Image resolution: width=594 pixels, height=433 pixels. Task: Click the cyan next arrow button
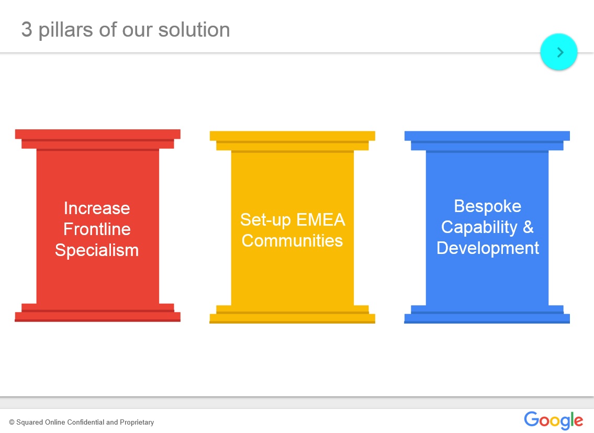click(558, 52)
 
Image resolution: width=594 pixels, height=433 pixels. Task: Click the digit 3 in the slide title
click(27, 29)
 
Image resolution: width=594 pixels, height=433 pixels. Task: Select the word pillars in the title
click(65, 30)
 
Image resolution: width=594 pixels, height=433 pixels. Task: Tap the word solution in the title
click(194, 29)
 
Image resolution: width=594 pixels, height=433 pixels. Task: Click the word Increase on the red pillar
click(97, 208)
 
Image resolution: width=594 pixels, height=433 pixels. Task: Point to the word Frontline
click(97, 229)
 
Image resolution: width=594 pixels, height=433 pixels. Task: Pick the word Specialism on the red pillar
click(97, 251)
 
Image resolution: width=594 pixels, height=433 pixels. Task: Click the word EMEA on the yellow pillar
click(320, 220)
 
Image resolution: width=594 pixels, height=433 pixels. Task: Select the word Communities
click(292, 241)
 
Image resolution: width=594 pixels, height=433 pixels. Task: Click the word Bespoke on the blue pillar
click(488, 207)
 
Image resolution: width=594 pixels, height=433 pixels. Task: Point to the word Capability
click(479, 228)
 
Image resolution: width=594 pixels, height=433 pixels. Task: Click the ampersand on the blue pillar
click(529, 227)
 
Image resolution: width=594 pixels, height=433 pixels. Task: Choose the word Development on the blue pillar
click(488, 249)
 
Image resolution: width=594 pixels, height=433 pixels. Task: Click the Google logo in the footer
click(554, 420)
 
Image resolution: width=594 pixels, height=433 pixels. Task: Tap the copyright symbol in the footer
click(12, 423)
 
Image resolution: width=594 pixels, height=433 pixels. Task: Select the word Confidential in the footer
click(86, 422)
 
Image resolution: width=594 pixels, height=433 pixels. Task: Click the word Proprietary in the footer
click(137, 423)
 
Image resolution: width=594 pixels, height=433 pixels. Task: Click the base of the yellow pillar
click(292, 314)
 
